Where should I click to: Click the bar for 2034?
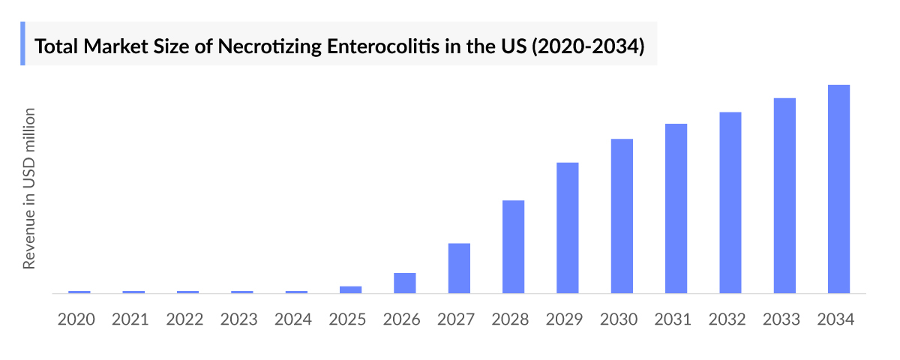[838, 189]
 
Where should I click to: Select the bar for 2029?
[568, 228]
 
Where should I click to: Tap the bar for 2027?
[459, 268]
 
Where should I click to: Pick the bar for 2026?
[405, 283]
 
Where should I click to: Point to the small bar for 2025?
[350, 289]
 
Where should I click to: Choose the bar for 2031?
[676, 208]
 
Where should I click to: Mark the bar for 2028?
[513, 247]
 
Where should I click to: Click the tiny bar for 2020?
[79, 292]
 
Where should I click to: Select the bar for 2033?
[784, 196]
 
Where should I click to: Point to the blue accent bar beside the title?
[22, 43]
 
